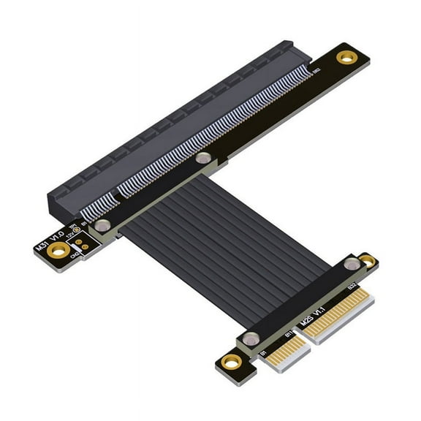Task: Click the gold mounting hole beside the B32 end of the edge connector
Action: [368, 261]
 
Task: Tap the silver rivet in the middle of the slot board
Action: [204, 158]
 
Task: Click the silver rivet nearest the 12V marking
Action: [102, 226]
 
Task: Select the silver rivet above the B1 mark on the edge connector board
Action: [251, 338]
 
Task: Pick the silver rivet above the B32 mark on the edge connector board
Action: [352, 265]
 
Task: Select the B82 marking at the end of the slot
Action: [316, 72]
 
